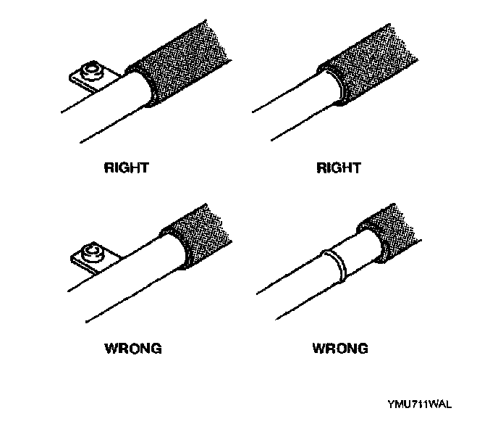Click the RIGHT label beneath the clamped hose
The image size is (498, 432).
127,168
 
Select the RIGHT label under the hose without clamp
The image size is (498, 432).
339,168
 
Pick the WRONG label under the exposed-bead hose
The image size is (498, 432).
340,349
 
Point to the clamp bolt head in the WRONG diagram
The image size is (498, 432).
92,253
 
